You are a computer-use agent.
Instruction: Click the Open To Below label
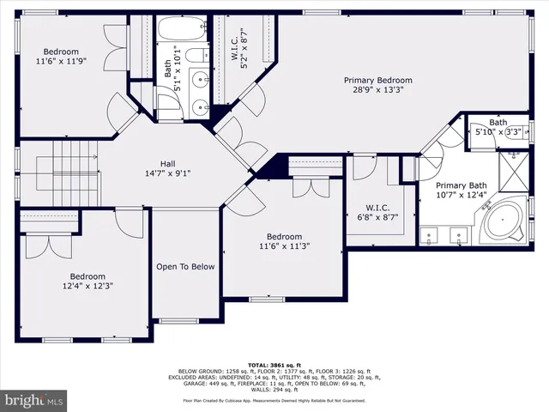click(x=185, y=266)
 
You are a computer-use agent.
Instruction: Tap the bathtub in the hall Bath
click(x=179, y=29)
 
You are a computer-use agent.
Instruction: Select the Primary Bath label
click(x=461, y=186)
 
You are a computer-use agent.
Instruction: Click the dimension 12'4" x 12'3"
click(x=87, y=287)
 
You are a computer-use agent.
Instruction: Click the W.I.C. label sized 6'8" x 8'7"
click(x=377, y=208)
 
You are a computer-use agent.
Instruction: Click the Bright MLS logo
click(x=33, y=400)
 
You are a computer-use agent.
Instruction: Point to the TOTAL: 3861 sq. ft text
click(x=274, y=364)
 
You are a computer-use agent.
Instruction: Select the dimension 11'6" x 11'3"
click(x=283, y=247)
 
